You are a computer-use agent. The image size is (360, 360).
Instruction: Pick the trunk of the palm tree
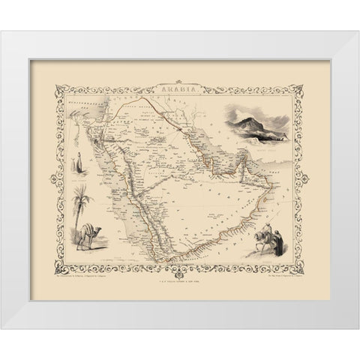coord(85,225)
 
